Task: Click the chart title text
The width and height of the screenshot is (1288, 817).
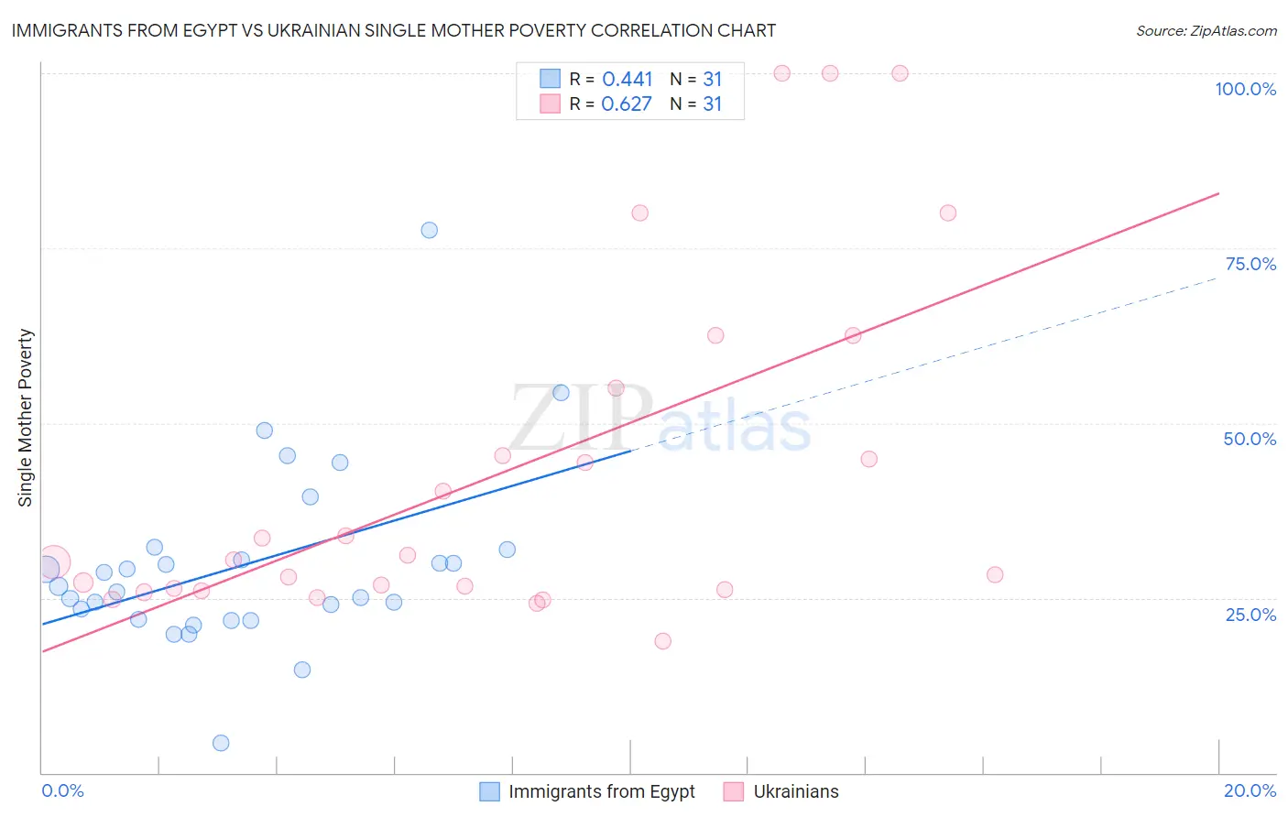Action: (394, 30)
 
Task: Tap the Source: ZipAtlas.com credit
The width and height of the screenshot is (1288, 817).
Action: (1206, 30)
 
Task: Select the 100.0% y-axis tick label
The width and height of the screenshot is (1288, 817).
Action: (1245, 89)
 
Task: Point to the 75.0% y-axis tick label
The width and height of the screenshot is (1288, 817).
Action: (1250, 264)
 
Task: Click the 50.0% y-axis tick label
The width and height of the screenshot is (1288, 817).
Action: (1250, 439)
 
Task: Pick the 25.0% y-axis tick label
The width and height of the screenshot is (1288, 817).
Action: (1250, 614)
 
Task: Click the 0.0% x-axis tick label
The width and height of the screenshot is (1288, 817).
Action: (62, 790)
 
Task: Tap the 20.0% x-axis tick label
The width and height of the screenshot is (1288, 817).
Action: (1250, 790)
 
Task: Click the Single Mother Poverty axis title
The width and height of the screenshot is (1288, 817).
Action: (26, 418)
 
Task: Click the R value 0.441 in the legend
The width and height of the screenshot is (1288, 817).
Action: (628, 80)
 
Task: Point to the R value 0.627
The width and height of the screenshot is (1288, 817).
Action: (627, 104)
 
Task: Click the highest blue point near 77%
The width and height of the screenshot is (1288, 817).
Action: (429, 230)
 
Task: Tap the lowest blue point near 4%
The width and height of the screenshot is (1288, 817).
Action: (221, 743)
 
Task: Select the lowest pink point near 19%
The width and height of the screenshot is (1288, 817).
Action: (662, 641)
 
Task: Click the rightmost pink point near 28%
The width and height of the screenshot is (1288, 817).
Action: (995, 575)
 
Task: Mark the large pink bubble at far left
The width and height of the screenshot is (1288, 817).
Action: (53, 561)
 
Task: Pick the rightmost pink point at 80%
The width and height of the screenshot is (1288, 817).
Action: (948, 212)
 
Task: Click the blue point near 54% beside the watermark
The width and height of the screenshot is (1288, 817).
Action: (561, 393)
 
